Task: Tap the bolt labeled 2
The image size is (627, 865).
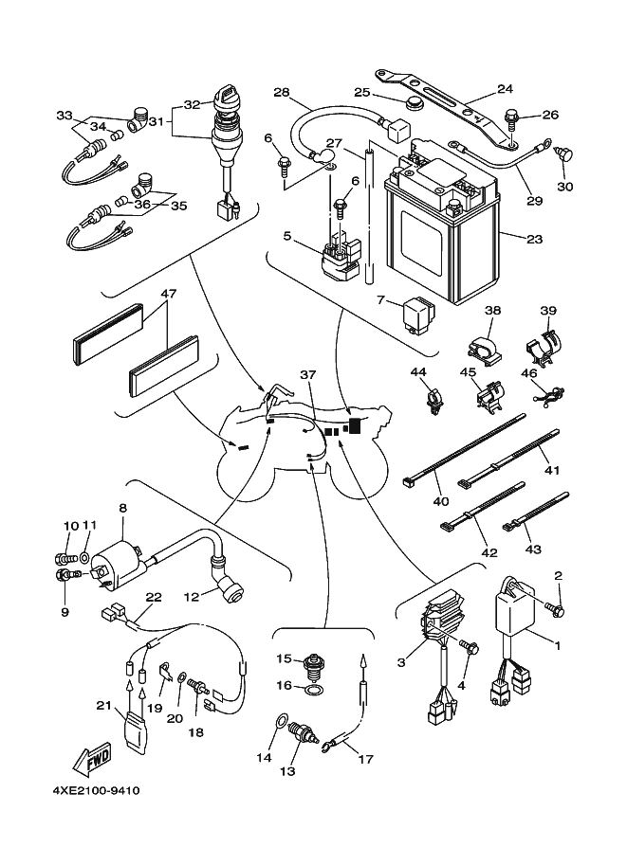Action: pyautogui.click(x=558, y=607)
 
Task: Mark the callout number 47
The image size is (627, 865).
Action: pyautogui.click(x=169, y=295)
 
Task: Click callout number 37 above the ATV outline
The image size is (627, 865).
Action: pyautogui.click(x=306, y=373)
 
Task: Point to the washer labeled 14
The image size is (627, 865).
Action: pyautogui.click(x=280, y=722)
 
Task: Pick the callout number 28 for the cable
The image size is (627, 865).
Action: pyautogui.click(x=281, y=92)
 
